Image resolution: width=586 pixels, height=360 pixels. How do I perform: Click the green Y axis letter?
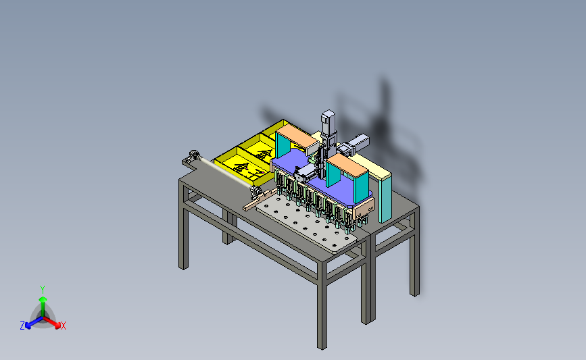click(43, 290)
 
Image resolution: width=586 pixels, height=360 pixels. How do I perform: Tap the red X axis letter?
click(63, 326)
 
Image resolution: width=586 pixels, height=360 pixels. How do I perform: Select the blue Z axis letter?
click(22, 326)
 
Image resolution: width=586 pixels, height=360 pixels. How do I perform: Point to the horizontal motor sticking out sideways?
click(357, 144)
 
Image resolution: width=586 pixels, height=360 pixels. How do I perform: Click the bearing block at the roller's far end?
click(194, 155)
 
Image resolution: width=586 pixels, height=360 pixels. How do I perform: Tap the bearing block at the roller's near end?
click(256, 192)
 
